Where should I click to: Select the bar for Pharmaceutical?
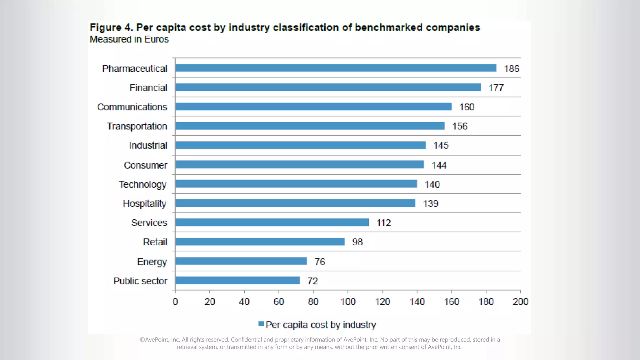(336, 68)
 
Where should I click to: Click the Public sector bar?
(237, 281)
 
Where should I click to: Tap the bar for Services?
(272, 222)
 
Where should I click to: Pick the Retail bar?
(260, 242)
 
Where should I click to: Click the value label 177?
(496, 88)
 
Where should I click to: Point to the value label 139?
(431, 204)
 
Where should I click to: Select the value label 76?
(320, 262)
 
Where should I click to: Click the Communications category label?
(132, 107)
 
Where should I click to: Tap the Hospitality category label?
(145, 204)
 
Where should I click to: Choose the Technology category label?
(142, 184)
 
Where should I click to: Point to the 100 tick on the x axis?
(348, 302)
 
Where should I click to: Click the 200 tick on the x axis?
(520, 302)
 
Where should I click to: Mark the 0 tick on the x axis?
(175, 302)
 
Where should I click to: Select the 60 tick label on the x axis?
(279, 302)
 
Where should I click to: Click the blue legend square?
(261, 324)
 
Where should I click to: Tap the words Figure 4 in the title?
(111, 27)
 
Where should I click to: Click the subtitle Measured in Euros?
(129, 39)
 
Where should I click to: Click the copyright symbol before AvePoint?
(142, 340)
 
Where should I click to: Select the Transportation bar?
(310, 126)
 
